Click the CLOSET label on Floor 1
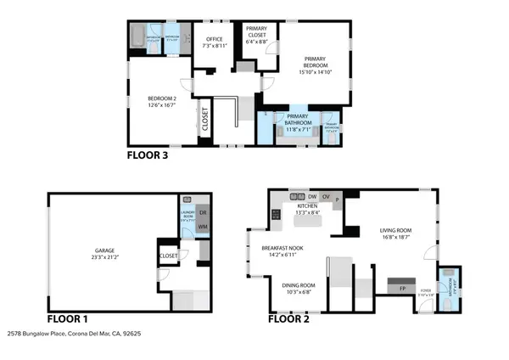pos(168,255)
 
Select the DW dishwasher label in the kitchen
pos(312,196)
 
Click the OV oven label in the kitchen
pos(325,196)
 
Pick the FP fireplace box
pos(402,288)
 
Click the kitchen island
pos(307,222)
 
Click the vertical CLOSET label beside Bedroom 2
pos(204,120)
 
